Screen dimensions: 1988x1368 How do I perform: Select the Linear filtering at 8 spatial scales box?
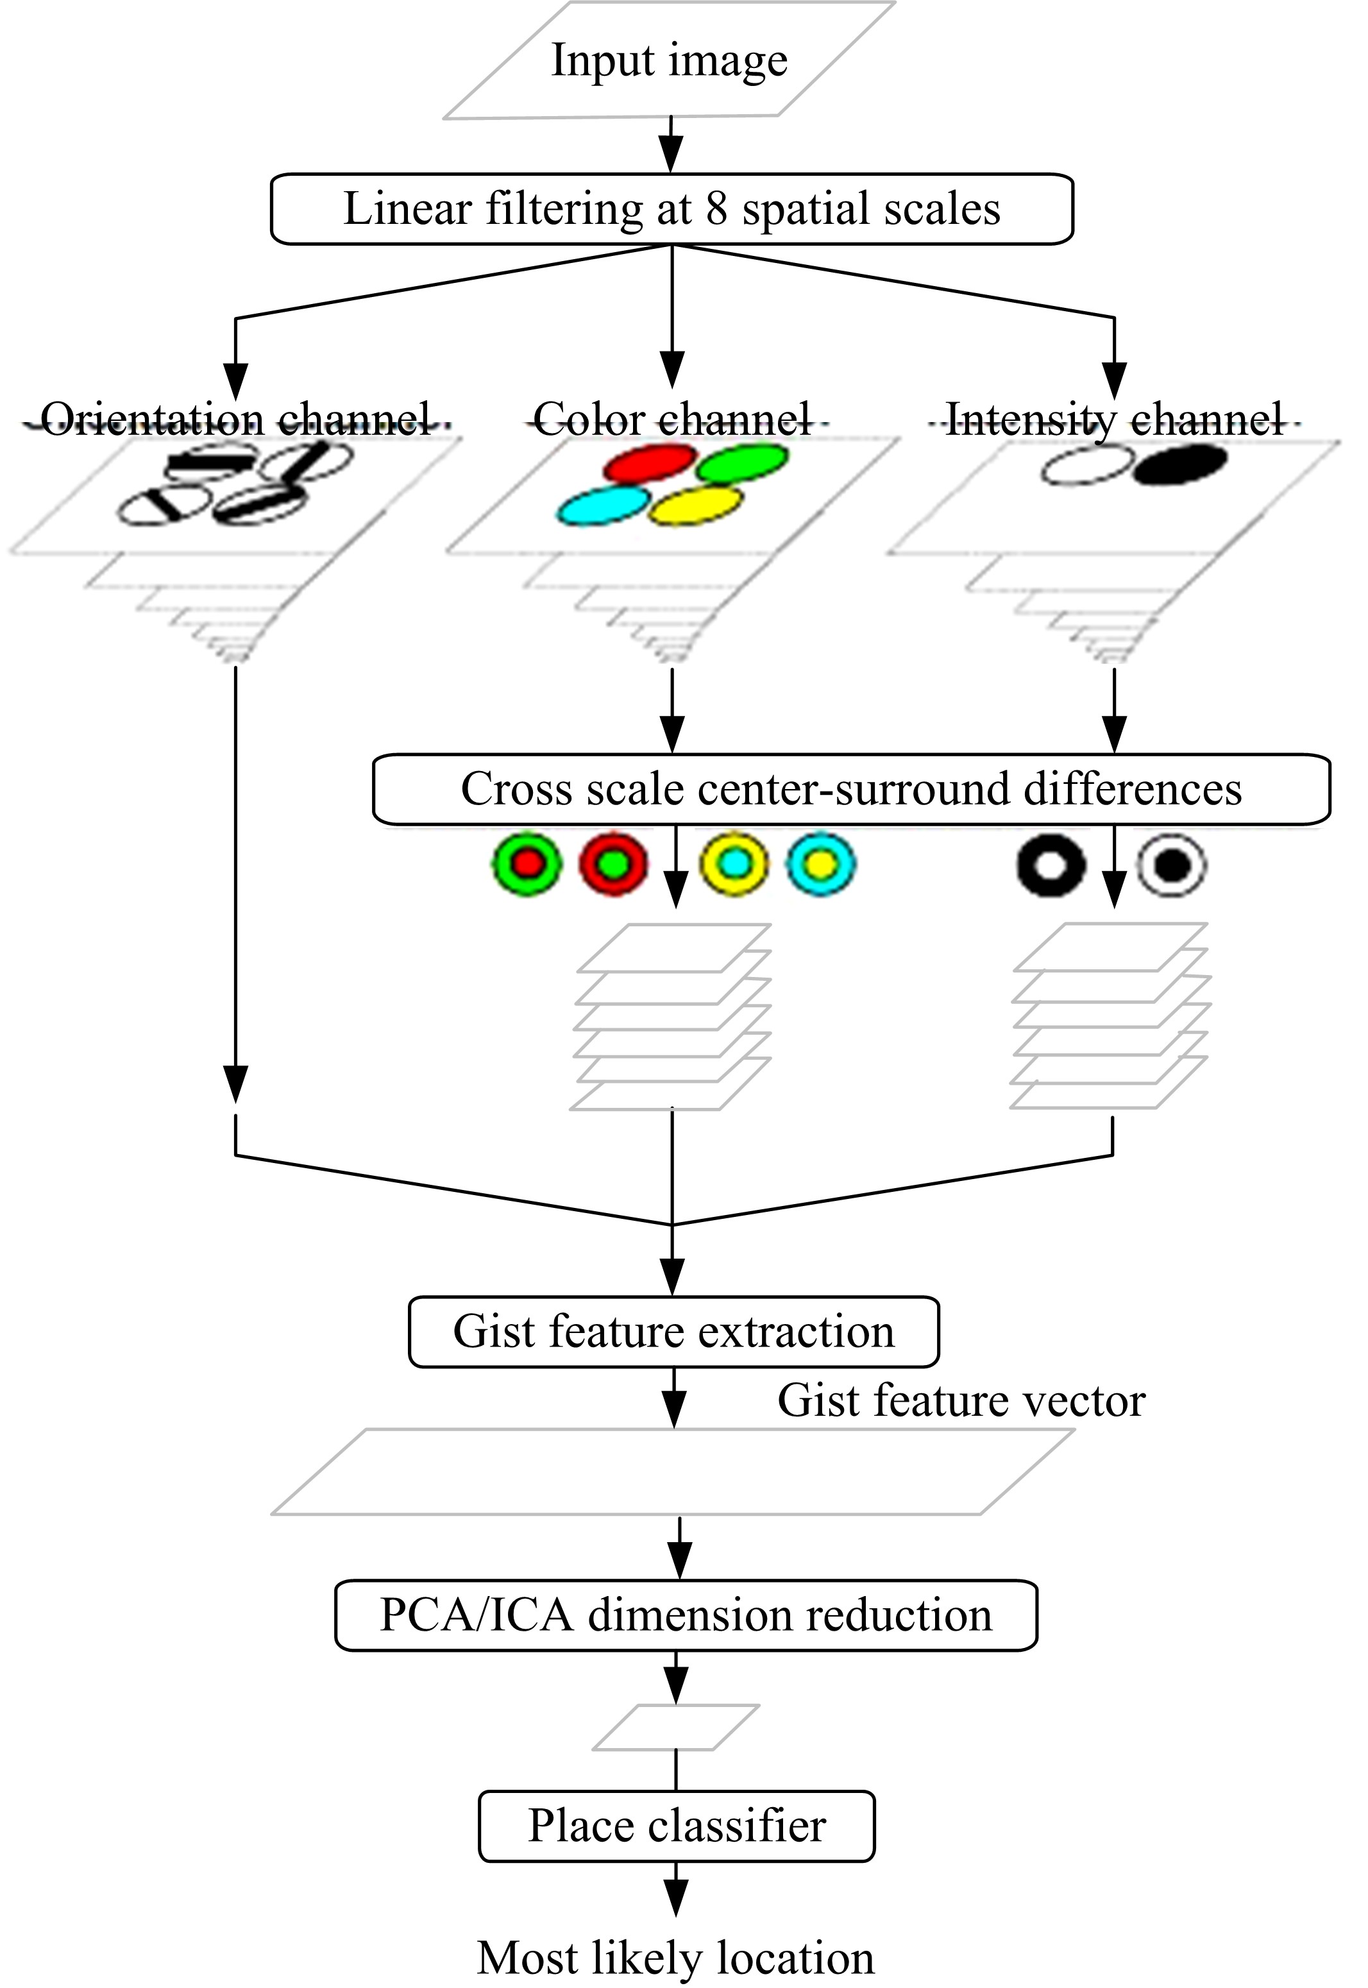672,209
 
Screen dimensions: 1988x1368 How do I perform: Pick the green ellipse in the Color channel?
741,464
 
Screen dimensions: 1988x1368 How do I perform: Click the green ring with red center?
527,865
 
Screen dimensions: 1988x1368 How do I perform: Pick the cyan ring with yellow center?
821,865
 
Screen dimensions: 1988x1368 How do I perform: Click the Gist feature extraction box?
673,1331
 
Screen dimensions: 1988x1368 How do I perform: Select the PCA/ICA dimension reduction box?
686,1615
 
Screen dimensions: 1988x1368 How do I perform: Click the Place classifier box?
676,1826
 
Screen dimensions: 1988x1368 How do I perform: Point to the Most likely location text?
675,1958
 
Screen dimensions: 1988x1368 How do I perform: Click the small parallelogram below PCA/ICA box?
676,1728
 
